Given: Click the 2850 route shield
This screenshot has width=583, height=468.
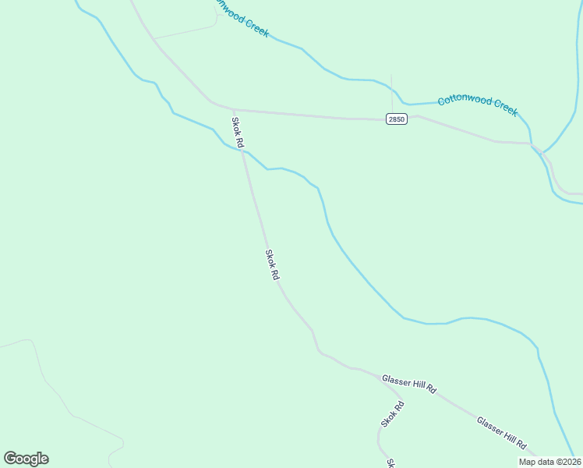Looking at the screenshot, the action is pyautogui.click(x=396, y=119).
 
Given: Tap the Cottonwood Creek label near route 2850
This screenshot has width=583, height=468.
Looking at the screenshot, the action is pyautogui.click(x=477, y=105).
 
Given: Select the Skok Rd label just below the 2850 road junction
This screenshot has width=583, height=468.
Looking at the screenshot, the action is pyautogui.click(x=238, y=133).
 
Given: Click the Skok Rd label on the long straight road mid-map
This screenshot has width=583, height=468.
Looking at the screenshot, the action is pyautogui.click(x=272, y=265).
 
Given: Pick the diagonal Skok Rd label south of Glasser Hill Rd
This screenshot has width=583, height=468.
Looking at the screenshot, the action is pyautogui.click(x=393, y=413).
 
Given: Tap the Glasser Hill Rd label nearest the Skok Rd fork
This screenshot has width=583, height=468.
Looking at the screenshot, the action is pyautogui.click(x=408, y=384).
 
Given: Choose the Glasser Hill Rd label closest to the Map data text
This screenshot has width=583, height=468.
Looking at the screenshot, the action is pyautogui.click(x=502, y=432).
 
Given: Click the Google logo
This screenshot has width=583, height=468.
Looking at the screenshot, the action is pyautogui.click(x=26, y=459).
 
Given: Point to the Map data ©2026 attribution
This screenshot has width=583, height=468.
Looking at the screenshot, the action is pyautogui.click(x=550, y=462).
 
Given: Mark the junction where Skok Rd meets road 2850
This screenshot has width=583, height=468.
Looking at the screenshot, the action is pyautogui.click(x=235, y=110).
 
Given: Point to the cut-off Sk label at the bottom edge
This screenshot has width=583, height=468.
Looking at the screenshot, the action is pyautogui.click(x=390, y=463).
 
